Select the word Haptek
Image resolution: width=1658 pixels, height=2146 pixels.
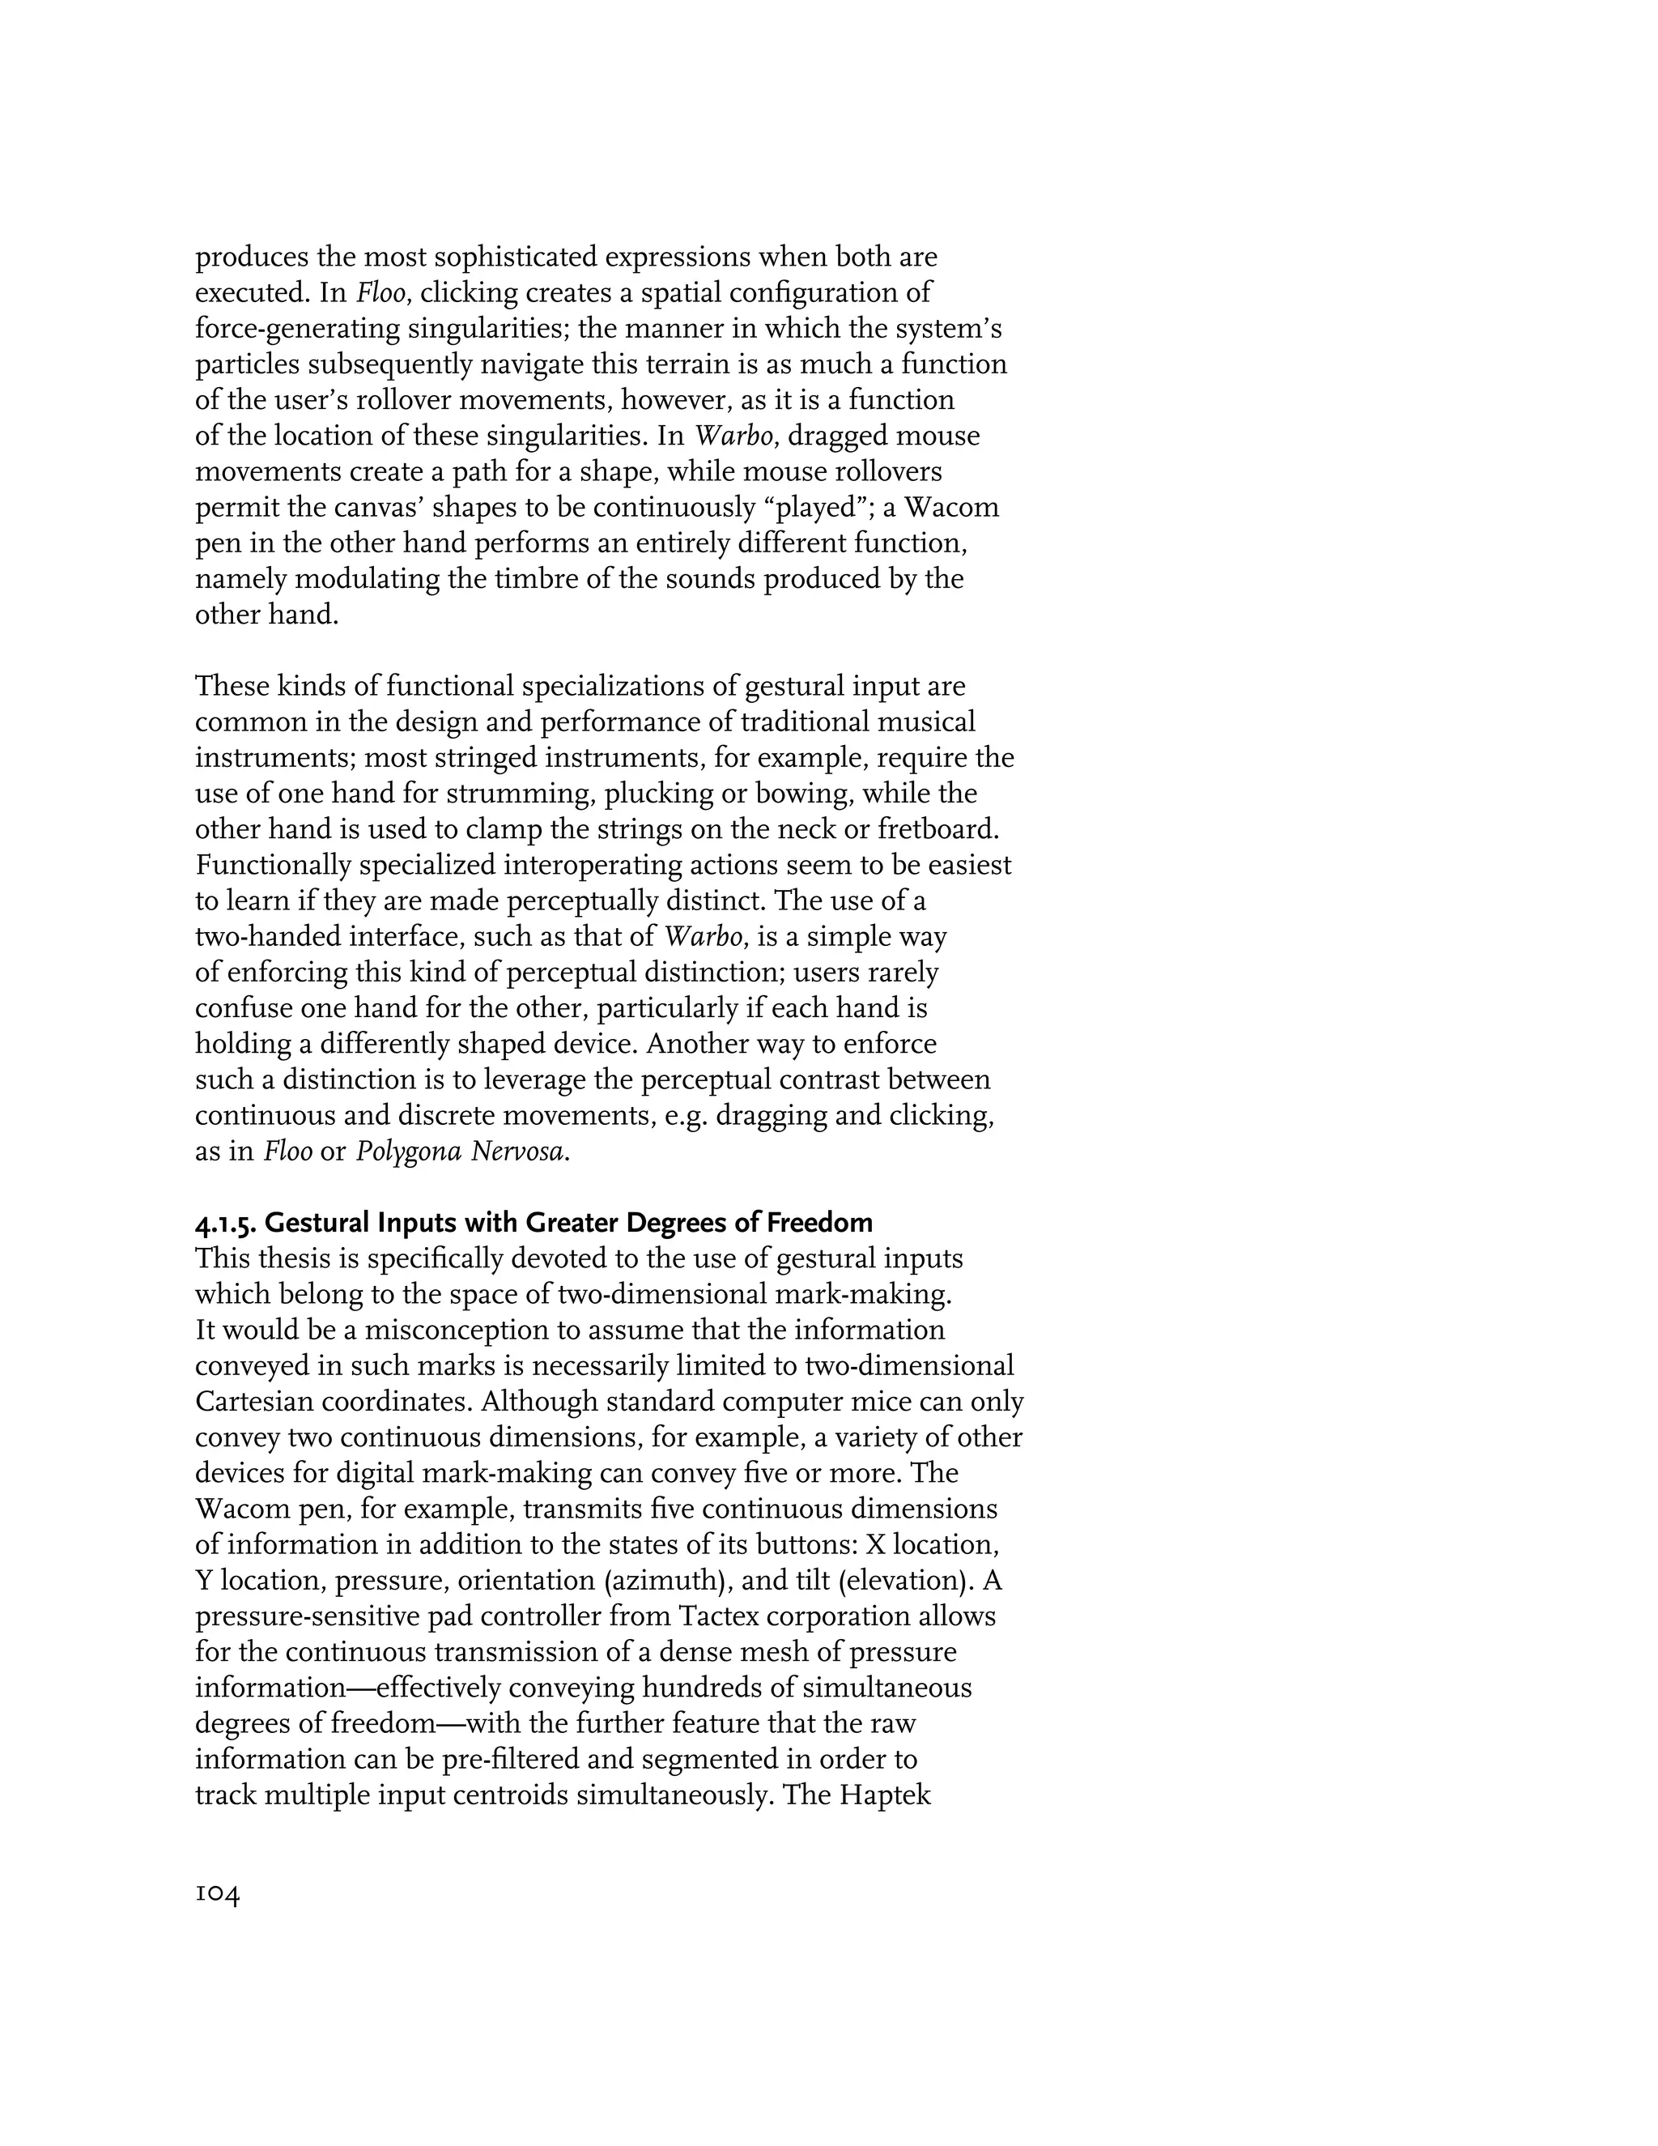[885, 1795]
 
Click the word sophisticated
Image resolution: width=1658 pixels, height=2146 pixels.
[516, 258]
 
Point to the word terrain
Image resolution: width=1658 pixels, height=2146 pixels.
[678, 364]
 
